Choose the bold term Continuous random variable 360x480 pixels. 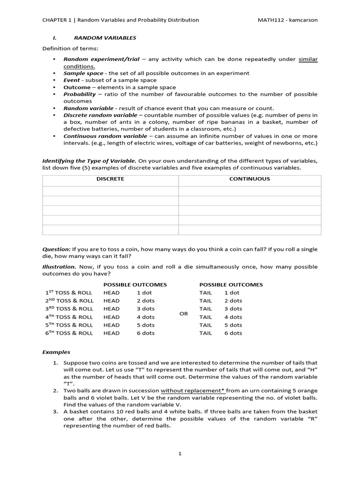coord(104,136)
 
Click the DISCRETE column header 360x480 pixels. coord(110,179)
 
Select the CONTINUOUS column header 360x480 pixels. coord(249,179)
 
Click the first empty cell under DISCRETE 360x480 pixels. coord(110,191)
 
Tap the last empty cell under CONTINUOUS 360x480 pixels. coord(249,230)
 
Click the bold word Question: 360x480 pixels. coord(57,249)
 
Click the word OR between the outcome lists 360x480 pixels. coord(184,314)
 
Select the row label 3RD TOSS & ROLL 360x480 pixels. coord(69,309)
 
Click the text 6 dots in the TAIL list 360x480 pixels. coord(233,333)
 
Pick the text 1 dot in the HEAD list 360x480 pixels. coord(144,292)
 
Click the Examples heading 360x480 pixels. coord(56,352)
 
